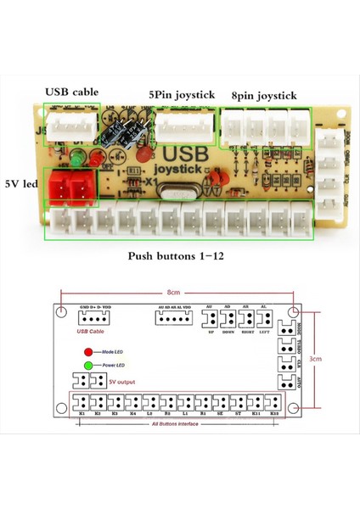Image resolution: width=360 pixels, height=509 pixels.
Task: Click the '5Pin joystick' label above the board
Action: pyautogui.click(x=181, y=95)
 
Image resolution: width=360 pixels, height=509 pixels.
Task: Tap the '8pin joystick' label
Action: pyautogui.click(x=264, y=96)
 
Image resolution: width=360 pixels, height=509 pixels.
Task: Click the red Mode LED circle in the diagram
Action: pyautogui.click(x=88, y=350)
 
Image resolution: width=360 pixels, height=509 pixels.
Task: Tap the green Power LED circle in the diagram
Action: pyautogui.click(x=88, y=366)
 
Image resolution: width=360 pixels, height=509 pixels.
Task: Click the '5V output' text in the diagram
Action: pyautogui.click(x=121, y=382)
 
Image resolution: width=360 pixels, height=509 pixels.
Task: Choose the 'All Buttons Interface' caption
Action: pyautogui.click(x=177, y=422)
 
